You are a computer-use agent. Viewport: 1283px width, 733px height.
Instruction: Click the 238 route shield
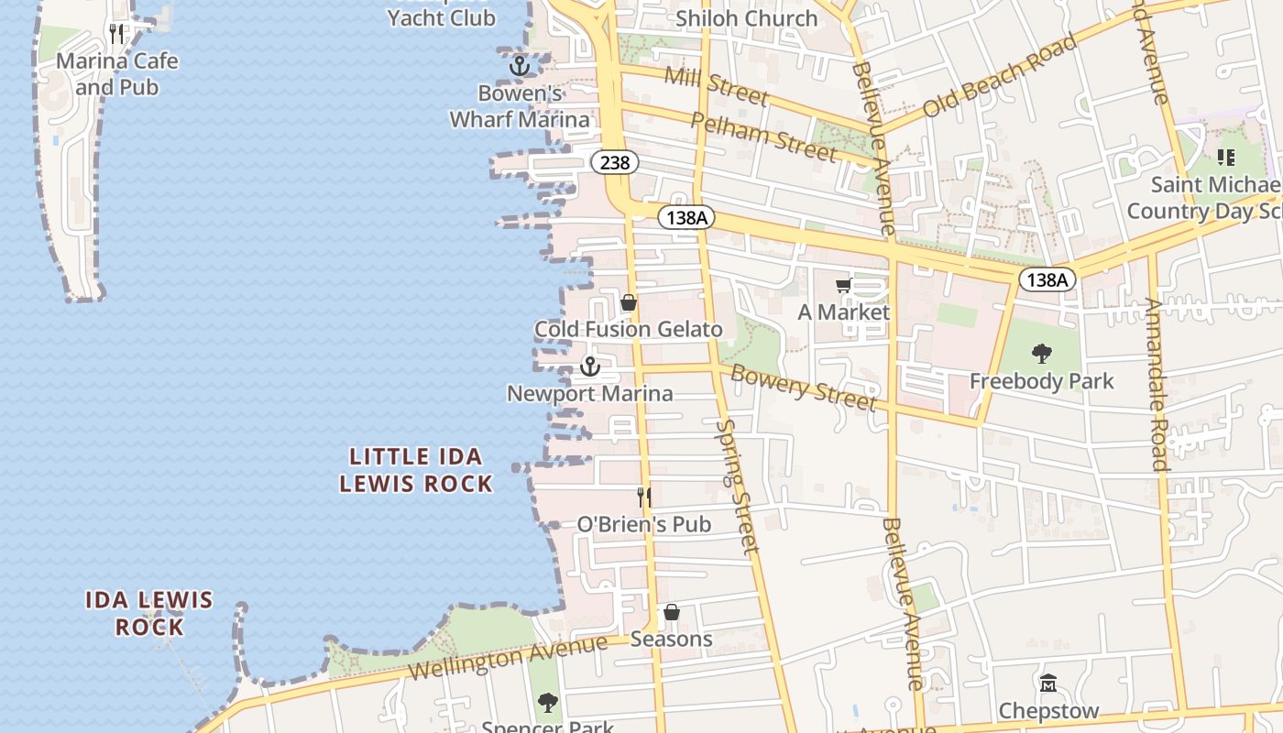(615, 162)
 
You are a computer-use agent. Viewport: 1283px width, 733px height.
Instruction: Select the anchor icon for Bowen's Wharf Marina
(520, 66)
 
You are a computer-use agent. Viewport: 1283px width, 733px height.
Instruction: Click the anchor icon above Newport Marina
(590, 366)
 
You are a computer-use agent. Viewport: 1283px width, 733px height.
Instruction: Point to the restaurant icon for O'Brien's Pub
(644, 498)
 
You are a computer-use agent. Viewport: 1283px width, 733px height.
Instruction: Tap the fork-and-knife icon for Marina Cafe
(116, 34)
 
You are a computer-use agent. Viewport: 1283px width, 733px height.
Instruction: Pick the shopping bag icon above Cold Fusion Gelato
(629, 302)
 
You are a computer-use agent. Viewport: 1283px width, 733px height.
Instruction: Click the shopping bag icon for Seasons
(672, 612)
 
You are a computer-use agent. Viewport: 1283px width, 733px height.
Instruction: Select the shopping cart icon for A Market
(843, 286)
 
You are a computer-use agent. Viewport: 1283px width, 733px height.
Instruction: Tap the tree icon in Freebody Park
(1041, 353)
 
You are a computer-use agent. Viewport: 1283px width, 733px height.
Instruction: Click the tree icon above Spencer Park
(547, 703)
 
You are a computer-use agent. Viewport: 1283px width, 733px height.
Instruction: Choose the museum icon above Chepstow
(1048, 684)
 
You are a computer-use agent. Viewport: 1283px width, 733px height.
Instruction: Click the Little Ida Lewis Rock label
(416, 470)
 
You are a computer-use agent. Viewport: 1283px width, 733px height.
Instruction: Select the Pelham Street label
(762, 137)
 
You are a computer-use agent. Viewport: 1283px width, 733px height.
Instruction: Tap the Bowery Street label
(804, 388)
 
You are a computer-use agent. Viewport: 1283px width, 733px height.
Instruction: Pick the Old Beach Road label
(999, 77)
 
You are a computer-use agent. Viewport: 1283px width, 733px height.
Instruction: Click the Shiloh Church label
(746, 18)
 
